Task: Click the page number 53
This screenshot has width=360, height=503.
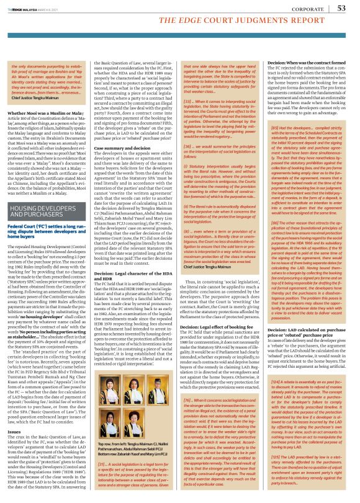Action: pos(341,8)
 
